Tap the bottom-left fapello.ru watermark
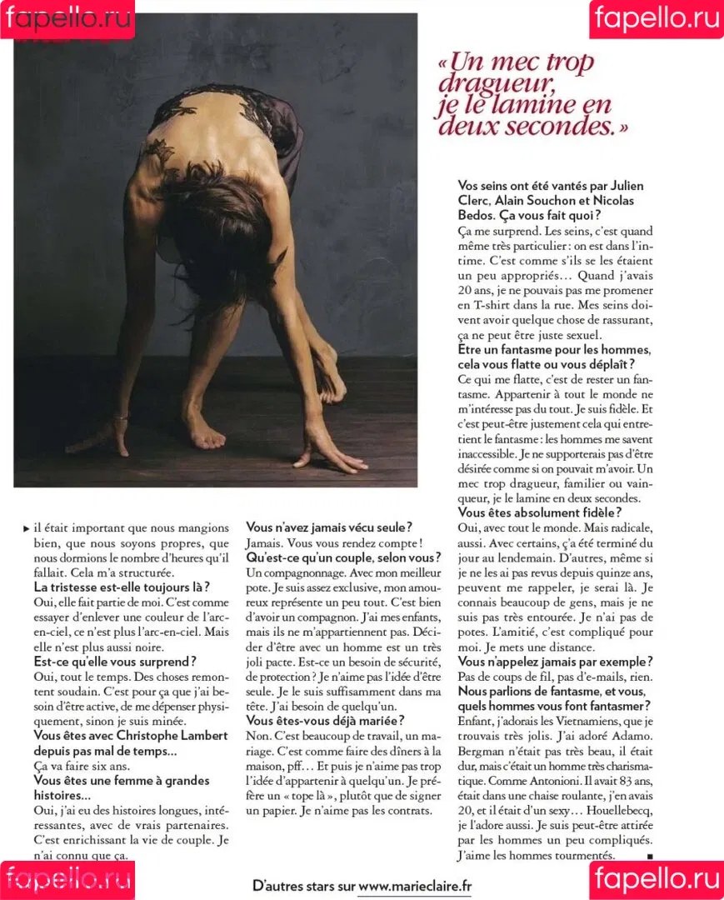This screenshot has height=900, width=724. point(67,879)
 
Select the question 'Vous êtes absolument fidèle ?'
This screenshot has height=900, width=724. point(539,512)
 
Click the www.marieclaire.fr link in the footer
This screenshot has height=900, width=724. point(414,886)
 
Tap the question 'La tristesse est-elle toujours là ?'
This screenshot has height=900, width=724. point(122,587)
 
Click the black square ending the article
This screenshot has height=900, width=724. point(649,856)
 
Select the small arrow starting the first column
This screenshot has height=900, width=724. point(25,527)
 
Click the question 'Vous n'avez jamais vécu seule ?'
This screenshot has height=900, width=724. point(327,527)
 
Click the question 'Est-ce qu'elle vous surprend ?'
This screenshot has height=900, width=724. point(115,662)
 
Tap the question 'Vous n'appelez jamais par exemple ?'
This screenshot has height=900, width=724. point(555,662)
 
